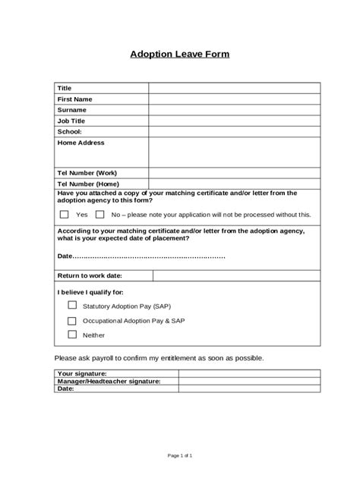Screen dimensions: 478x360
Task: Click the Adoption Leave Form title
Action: point(179,55)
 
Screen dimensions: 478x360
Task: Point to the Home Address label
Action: point(81,142)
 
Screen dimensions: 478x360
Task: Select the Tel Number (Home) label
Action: point(88,183)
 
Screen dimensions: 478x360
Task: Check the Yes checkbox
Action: point(65,214)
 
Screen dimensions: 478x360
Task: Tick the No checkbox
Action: point(99,214)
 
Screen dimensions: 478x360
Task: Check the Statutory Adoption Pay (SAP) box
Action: point(72,305)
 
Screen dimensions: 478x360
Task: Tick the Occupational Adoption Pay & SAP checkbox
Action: point(72,319)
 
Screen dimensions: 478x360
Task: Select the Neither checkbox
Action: point(72,334)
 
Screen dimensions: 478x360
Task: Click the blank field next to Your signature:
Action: point(244,373)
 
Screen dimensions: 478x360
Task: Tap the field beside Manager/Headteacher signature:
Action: point(244,381)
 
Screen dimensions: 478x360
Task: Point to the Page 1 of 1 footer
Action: point(180,454)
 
